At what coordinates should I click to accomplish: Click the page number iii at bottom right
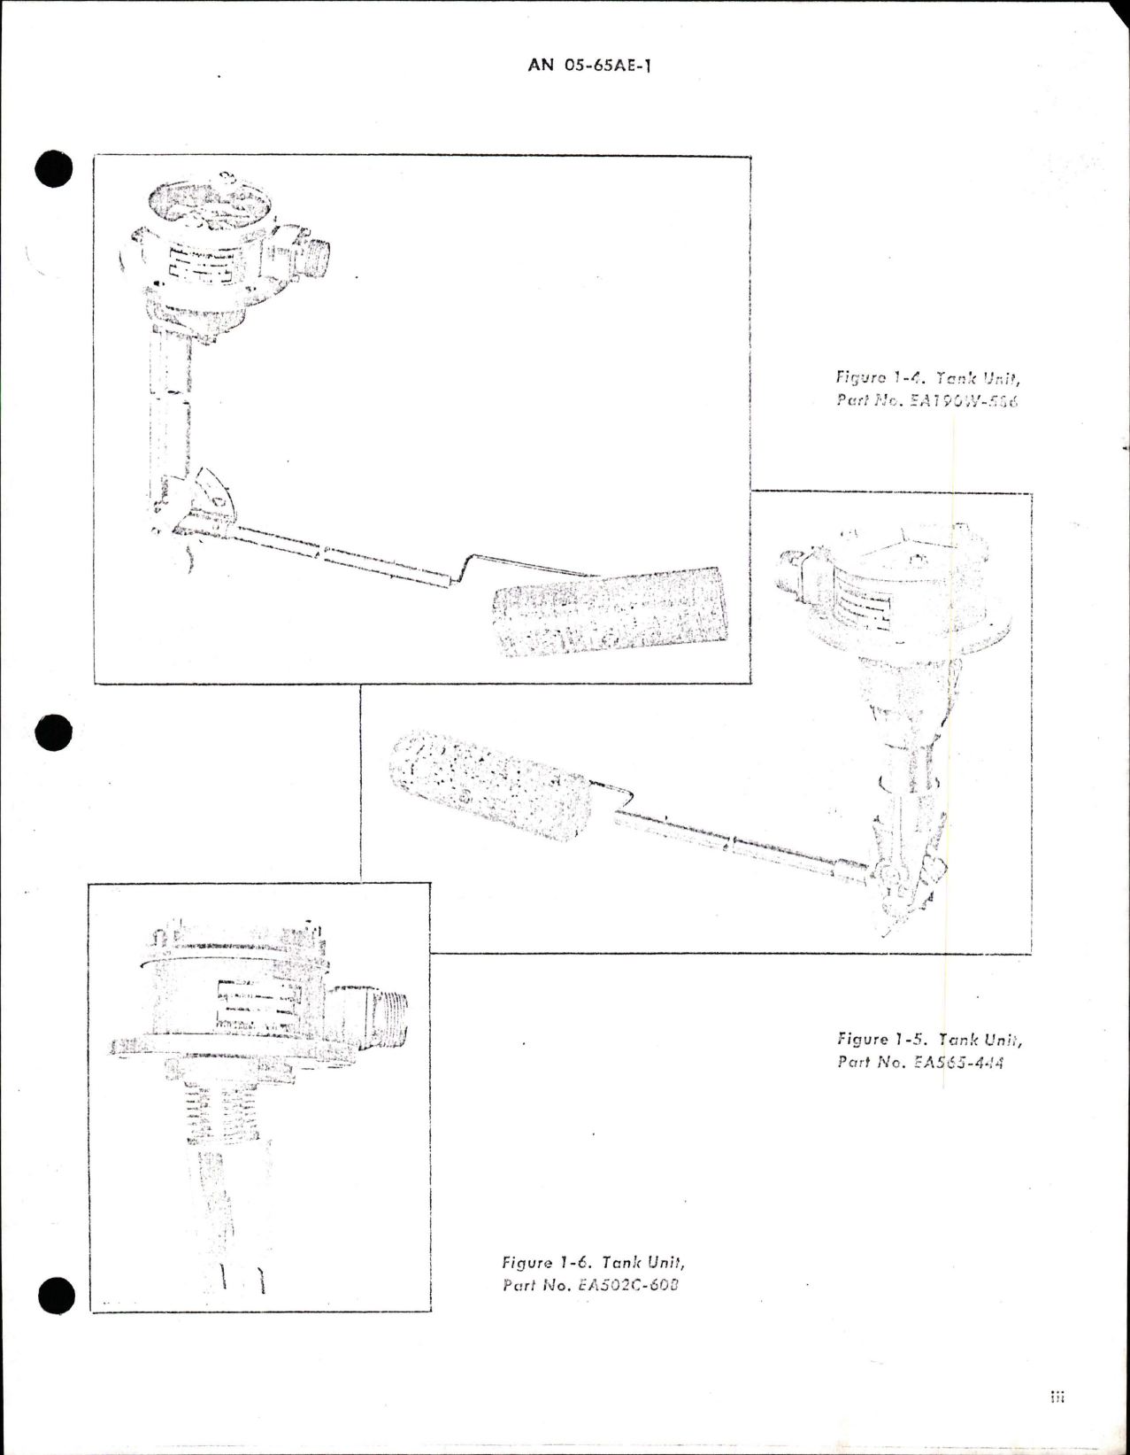1057,1397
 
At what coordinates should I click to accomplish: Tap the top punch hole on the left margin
53,168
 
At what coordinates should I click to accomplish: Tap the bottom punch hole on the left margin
53,1296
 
